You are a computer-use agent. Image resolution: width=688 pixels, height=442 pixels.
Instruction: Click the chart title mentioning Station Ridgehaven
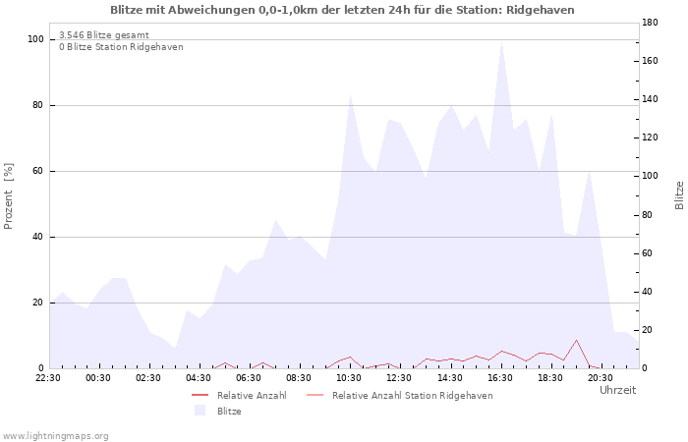pyautogui.click(x=342, y=10)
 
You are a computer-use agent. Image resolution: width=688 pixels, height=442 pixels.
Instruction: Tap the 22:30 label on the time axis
pyautogui.click(x=48, y=378)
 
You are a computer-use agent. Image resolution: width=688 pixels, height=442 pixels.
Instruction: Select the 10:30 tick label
pyautogui.click(x=349, y=378)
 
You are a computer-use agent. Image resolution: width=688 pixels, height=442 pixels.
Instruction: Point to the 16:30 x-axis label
pyautogui.click(x=500, y=378)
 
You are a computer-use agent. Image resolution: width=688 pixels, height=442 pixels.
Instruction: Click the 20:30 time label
pyautogui.click(x=601, y=378)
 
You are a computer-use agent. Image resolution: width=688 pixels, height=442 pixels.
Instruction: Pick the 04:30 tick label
pyautogui.click(x=199, y=378)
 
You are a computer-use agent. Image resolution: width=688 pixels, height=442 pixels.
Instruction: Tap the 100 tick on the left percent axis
pyautogui.click(x=35, y=39)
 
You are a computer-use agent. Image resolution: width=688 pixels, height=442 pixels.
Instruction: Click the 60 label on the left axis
pyautogui.click(x=37, y=171)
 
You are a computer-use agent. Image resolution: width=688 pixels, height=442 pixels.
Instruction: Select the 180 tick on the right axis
pyautogui.click(x=650, y=23)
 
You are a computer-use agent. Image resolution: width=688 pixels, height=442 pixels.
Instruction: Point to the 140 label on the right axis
pyautogui.click(x=650, y=99)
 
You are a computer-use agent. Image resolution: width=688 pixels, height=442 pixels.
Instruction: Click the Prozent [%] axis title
pyautogui.click(x=8, y=196)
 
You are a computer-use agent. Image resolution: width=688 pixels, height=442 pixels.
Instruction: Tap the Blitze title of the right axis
pyautogui.click(x=679, y=195)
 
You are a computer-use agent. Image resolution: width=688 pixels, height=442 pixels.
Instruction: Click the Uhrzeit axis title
pyautogui.click(x=618, y=390)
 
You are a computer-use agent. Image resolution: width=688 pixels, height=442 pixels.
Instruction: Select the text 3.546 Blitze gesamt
pyautogui.click(x=104, y=35)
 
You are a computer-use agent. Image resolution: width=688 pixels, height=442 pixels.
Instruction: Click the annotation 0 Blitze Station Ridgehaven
pyautogui.click(x=121, y=47)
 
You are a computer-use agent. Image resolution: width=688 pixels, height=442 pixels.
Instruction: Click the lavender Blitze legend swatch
pyautogui.click(x=201, y=411)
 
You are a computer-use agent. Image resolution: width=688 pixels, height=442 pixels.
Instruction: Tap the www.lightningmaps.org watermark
pyautogui.click(x=55, y=436)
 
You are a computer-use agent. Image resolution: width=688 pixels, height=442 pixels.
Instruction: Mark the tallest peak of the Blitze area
pyautogui.click(x=501, y=41)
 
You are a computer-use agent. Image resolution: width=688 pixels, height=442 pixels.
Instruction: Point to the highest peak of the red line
pyautogui.click(x=576, y=340)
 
